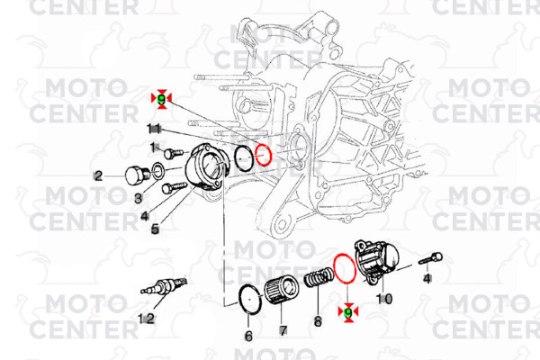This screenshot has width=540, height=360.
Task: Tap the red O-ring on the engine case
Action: click(263, 155)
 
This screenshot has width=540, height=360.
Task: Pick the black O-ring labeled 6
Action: click(249, 300)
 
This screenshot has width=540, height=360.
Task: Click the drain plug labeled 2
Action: click(138, 175)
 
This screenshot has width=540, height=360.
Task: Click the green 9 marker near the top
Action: click(162, 96)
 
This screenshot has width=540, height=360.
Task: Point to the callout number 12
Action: click(146, 319)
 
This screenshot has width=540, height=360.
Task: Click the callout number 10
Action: click(384, 298)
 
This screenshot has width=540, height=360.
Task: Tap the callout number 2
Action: click(98, 175)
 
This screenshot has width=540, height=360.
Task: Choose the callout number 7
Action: click(283, 331)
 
